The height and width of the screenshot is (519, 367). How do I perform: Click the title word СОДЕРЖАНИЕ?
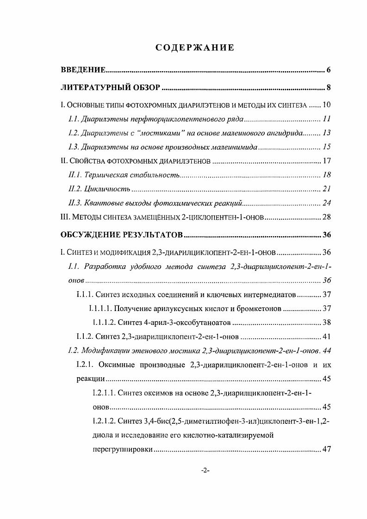[x=194, y=48]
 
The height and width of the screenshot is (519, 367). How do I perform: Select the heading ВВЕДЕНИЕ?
[x=84, y=70]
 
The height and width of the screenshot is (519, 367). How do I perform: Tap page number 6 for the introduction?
[x=328, y=70]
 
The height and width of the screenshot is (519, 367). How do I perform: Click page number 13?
[x=326, y=134]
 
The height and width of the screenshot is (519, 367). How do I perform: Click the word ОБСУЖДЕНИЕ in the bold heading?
[x=90, y=235]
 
